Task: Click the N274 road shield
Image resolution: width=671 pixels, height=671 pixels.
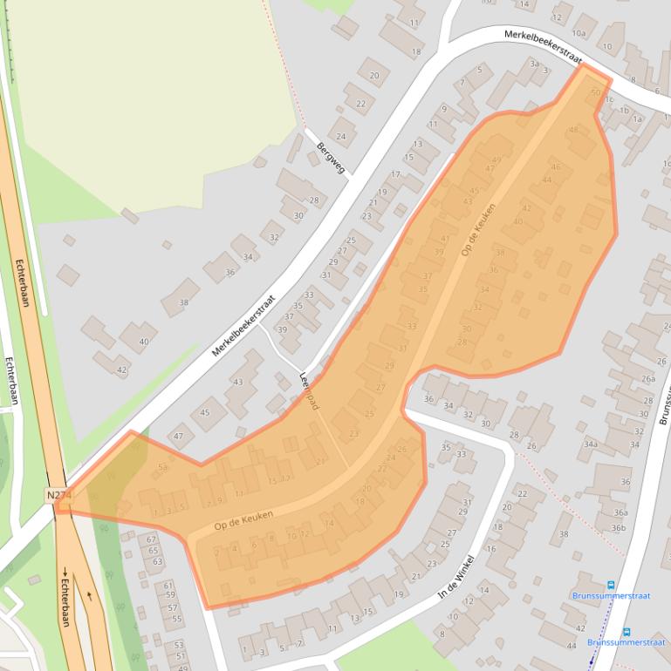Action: pos(58,495)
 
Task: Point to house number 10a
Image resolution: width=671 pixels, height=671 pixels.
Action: pos(579,34)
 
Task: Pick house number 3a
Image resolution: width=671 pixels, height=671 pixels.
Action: pos(535,64)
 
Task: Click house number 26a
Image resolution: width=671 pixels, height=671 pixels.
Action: pos(647,379)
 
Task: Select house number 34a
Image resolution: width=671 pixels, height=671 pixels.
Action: pos(591,444)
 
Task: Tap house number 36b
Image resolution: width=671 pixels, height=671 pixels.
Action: pos(619,527)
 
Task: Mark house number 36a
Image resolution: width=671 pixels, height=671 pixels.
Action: pos(620,513)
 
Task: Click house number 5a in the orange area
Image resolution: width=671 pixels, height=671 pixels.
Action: pos(162,468)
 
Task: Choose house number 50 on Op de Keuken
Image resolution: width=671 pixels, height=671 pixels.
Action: pos(596,92)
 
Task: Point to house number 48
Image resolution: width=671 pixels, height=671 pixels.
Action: pos(573,130)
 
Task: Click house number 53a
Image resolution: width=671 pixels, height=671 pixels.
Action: pos(179,644)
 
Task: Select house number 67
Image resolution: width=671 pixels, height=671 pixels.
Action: pos(153,539)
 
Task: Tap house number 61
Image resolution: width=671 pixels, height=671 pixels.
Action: pos(169,586)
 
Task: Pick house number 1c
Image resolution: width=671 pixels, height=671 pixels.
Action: pos(610,100)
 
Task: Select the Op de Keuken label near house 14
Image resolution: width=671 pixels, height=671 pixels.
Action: pos(243,521)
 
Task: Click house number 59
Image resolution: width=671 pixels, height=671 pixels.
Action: pos(171,596)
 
